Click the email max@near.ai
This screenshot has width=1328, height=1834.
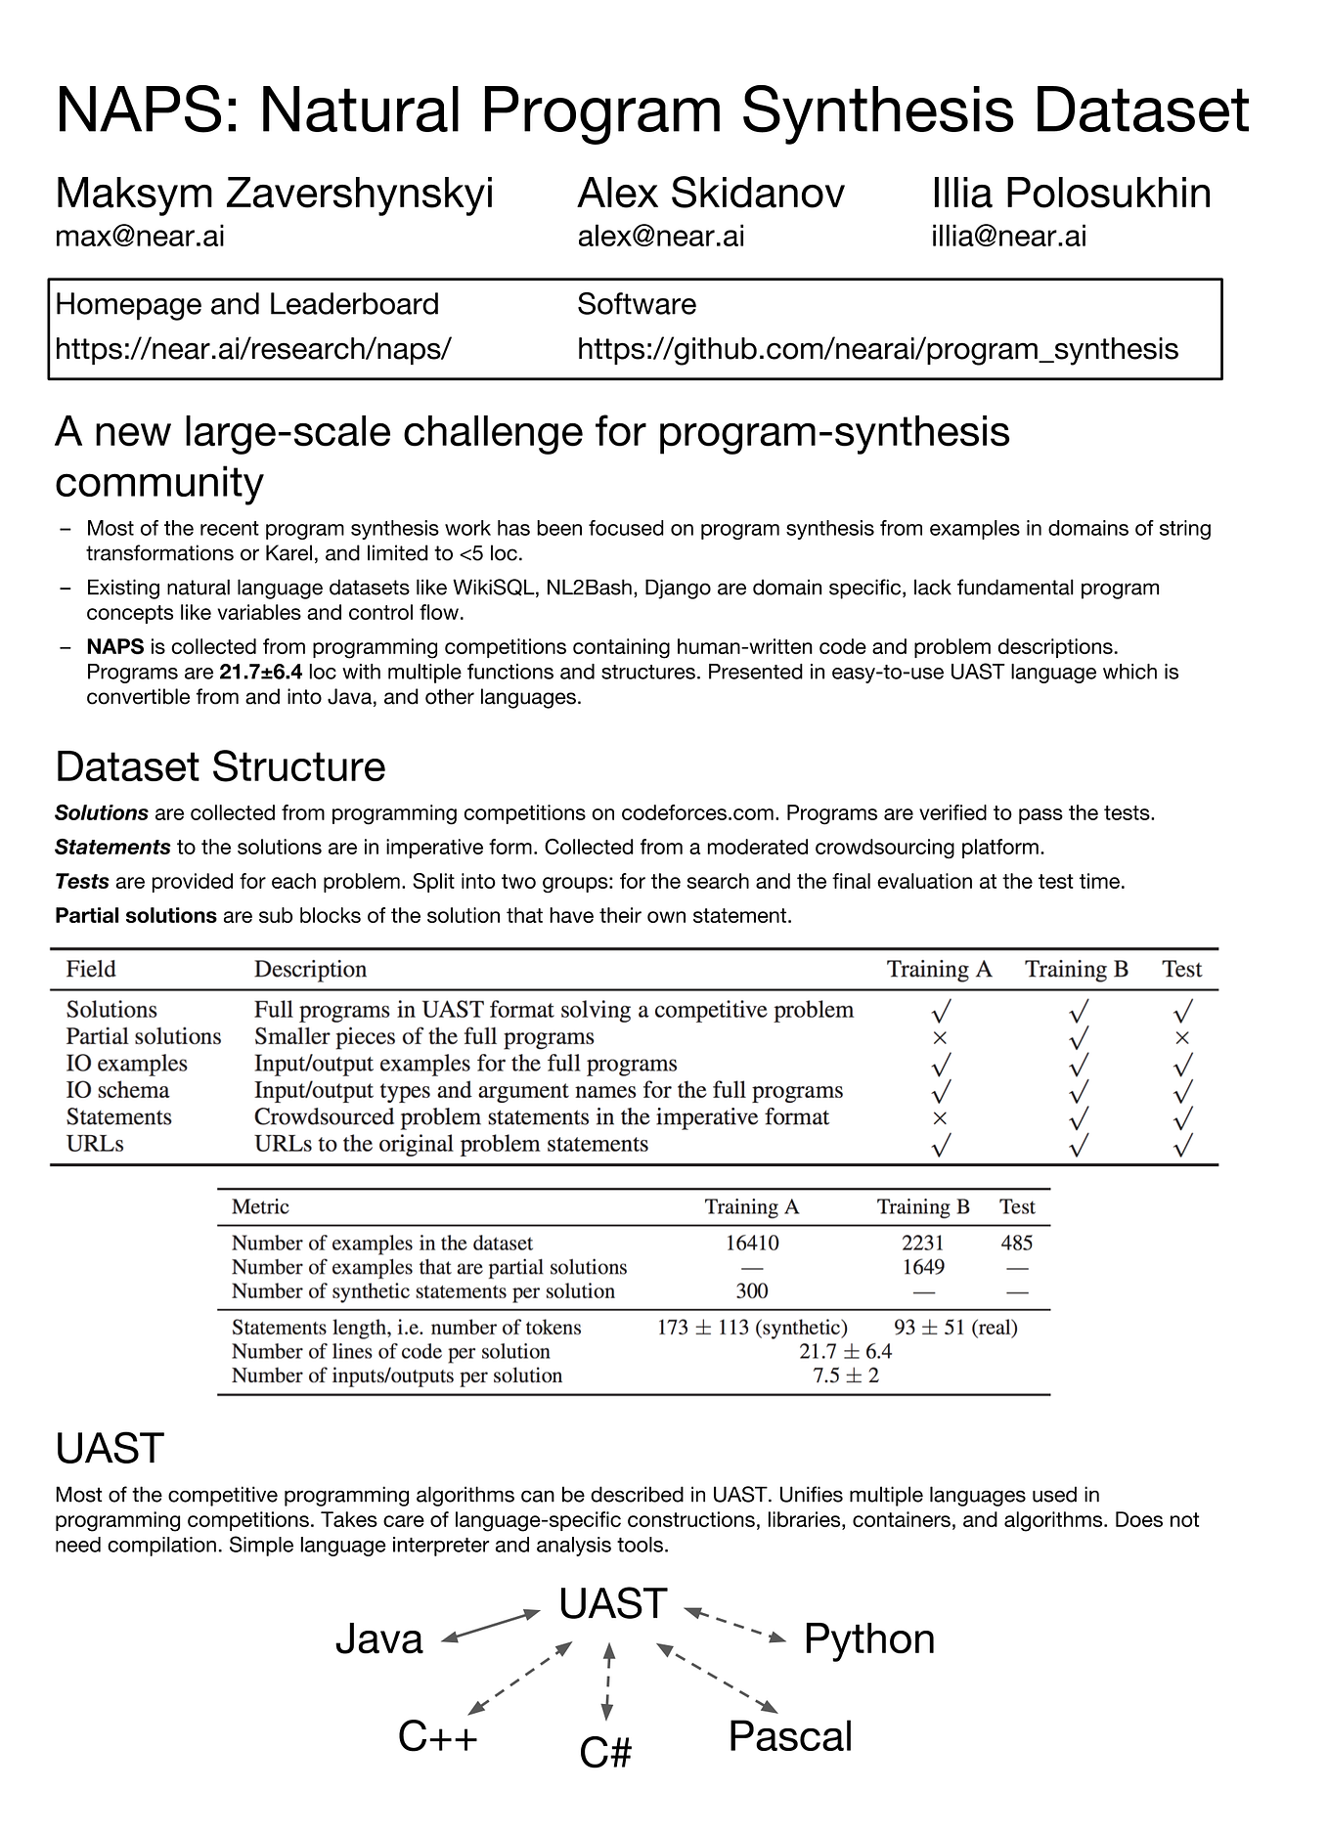pyautogui.click(x=140, y=237)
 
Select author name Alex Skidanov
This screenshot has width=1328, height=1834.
pyautogui.click(x=710, y=193)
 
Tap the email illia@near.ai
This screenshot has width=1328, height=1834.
pyautogui.click(x=1008, y=237)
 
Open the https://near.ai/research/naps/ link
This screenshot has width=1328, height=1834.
pyautogui.click(x=252, y=349)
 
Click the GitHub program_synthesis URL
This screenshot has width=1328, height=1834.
pyautogui.click(x=877, y=349)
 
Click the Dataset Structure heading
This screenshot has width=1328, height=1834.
pyautogui.click(x=220, y=766)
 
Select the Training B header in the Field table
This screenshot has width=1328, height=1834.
pyautogui.click(x=1076, y=969)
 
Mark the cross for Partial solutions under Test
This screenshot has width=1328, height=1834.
pyautogui.click(x=1181, y=1037)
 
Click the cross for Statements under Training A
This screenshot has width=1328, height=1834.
pyautogui.click(x=940, y=1117)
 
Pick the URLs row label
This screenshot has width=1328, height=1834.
pyautogui.click(x=95, y=1144)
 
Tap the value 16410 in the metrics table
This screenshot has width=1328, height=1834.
pyautogui.click(x=752, y=1243)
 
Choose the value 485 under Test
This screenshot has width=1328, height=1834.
pyautogui.click(x=1016, y=1243)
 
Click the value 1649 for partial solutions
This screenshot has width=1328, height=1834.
pyautogui.click(x=922, y=1267)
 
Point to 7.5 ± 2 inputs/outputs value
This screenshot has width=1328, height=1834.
pyautogui.click(x=845, y=1375)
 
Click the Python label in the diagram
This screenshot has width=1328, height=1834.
pyautogui.click(x=868, y=1639)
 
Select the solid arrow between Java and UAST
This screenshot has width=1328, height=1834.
pyautogui.click(x=490, y=1627)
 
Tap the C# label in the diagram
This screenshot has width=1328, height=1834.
pyautogui.click(x=605, y=1753)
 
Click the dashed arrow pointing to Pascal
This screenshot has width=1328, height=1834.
pyautogui.click(x=718, y=1680)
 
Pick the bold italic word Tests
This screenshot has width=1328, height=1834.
pyautogui.click(x=81, y=882)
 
